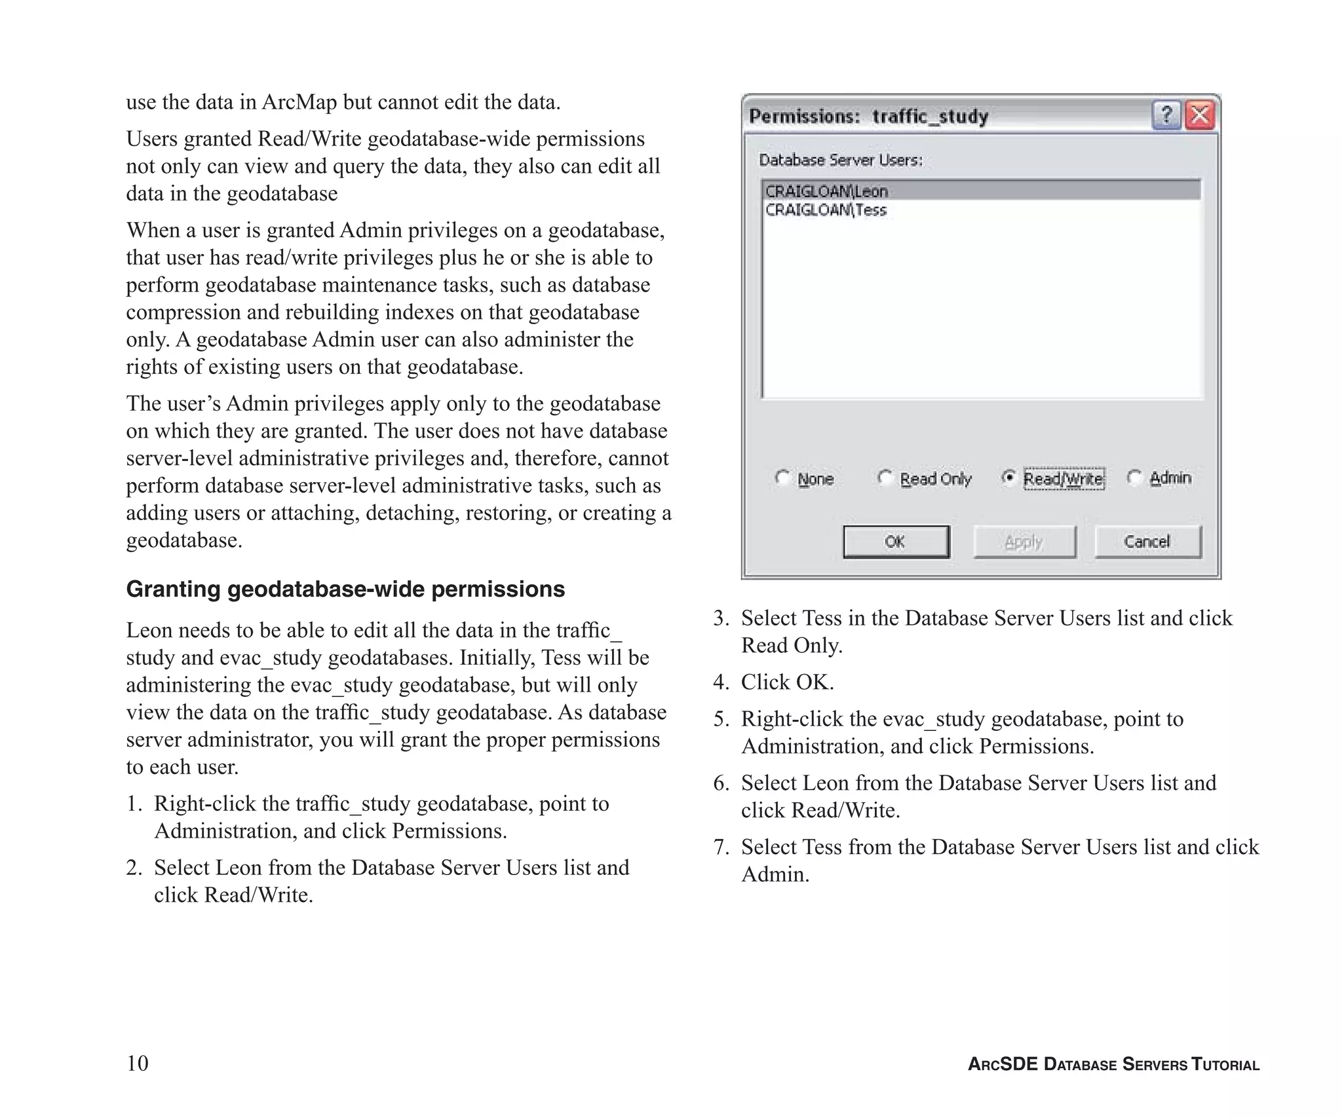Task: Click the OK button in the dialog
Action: pos(895,542)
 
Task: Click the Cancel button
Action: pos(1147,542)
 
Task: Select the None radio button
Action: pos(782,477)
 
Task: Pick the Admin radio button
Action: pos(1134,477)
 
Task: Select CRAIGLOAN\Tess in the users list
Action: pos(826,210)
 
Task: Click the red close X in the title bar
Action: pos(1200,116)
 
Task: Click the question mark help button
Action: pos(1166,116)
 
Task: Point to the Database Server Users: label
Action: pos(841,160)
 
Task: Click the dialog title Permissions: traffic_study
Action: pos(868,117)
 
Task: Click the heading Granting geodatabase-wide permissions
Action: pos(345,589)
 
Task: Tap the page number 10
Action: pos(138,1063)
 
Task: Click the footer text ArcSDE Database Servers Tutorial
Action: pos(1113,1064)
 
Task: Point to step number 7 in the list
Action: pos(721,848)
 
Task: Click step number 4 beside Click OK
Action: pos(721,682)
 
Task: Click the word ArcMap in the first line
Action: pos(299,103)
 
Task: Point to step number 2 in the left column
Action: pos(134,868)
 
